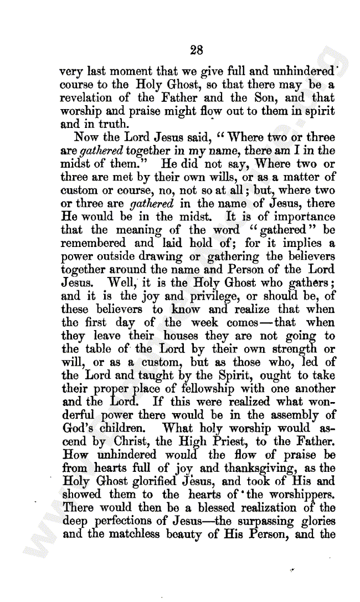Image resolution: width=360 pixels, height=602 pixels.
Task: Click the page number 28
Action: [x=197, y=50]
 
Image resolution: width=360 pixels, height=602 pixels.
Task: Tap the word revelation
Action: [x=87, y=98]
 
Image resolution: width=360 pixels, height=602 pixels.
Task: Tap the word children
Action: [x=115, y=428]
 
